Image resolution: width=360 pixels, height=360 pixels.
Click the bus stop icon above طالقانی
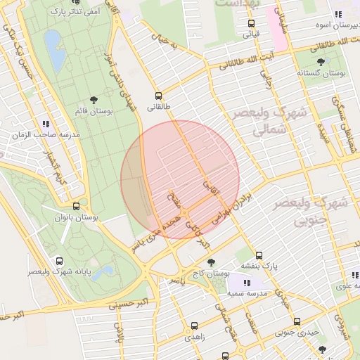(157, 96)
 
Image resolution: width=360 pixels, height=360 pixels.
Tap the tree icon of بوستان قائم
(94, 100)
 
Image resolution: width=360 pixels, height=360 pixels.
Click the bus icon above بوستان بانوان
(76, 206)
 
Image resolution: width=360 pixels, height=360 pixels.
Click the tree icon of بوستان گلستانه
(321, 62)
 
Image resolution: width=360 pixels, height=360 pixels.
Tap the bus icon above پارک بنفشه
(259, 255)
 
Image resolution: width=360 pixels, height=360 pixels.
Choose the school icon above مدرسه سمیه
(250, 281)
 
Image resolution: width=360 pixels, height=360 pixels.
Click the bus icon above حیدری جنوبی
(297, 321)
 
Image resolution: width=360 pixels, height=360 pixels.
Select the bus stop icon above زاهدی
(194, 326)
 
